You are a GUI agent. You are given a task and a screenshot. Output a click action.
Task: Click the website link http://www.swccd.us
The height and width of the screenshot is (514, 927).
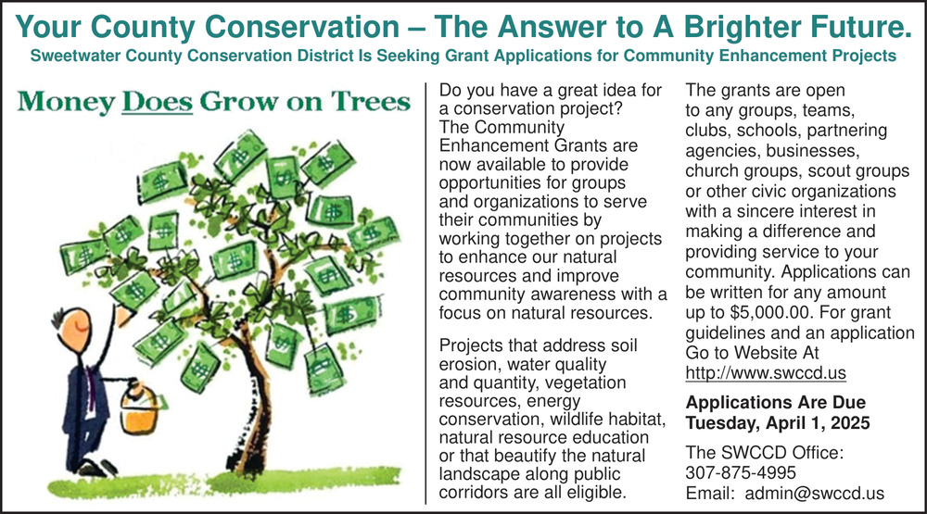pos(766,373)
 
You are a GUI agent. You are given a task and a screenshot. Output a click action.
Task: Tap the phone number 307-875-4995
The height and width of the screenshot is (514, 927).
pos(741,472)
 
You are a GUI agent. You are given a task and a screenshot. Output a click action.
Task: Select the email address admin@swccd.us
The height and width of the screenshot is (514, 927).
pos(815,494)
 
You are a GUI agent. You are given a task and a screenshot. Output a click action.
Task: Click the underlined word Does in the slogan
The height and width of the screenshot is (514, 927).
pos(157,102)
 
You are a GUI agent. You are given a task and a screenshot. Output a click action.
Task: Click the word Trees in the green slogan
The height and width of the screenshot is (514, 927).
pos(370,102)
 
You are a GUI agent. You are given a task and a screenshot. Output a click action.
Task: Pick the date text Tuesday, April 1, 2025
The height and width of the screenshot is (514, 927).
pos(778,423)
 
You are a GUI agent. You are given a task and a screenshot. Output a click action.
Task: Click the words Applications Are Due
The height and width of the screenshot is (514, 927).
pos(775,403)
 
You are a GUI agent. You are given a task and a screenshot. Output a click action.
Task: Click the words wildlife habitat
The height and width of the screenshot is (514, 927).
pos(608,419)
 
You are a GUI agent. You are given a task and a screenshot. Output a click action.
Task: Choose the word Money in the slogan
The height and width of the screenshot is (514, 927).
pos(66,102)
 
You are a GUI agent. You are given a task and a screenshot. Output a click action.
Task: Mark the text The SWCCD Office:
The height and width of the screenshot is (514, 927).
pos(765,453)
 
